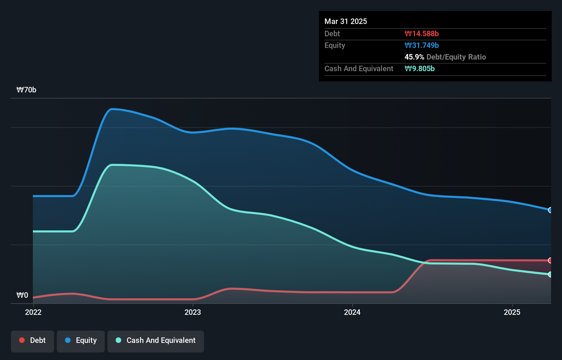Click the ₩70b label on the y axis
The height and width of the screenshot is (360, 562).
coord(26,90)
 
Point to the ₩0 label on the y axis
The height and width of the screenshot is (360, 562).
coord(22,295)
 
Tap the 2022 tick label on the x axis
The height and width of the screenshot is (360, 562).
coord(33,312)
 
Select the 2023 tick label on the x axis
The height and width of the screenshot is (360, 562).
coord(193,312)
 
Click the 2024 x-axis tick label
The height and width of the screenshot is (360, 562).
coord(352,312)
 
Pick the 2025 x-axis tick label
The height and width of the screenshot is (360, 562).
coord(512,312)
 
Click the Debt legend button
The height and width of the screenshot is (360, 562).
coord(33,340)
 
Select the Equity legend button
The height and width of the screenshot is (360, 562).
coord(81,340)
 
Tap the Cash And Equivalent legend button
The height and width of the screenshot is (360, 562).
coord(156,340)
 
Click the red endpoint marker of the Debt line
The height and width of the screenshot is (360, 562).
coord(550,260)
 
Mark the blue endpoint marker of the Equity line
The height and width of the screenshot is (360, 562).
coord(550,210)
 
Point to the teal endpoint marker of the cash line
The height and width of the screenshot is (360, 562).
coord(550,274)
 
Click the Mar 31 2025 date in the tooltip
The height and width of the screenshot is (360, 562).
coord(346,21)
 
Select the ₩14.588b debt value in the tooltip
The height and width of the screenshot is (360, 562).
coord(422,34)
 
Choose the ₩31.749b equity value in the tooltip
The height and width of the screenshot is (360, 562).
coord(422,45)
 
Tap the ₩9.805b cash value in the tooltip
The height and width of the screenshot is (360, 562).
coord(420,68)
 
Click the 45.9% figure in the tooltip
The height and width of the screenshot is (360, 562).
coord(414,57)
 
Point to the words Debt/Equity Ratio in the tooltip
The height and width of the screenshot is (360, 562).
coord(456,57)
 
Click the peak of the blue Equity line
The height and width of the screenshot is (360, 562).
coord(112,109)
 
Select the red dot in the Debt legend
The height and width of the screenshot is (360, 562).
coord(22,340)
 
